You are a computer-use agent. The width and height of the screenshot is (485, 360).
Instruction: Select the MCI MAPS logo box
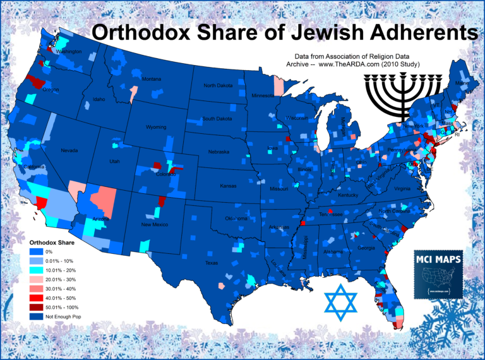coord(441,273)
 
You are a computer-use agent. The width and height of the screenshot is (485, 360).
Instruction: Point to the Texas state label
coord(211,263)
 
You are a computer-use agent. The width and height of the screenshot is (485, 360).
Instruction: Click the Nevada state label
coord(69,151)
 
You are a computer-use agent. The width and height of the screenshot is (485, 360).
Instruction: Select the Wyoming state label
coord(156,127)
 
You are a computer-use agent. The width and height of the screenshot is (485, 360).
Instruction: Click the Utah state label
coord(114,162)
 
